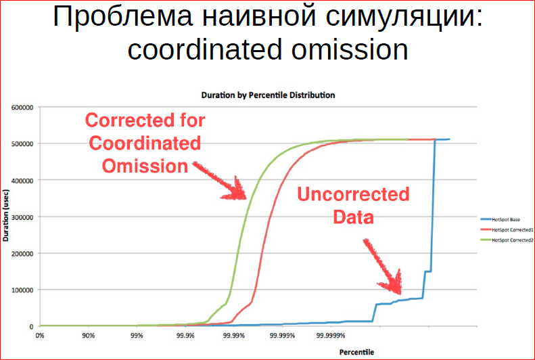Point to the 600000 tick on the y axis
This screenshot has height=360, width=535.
click(22, 107)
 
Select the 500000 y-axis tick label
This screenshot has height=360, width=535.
click(22, 143)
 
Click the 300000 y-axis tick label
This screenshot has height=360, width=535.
click(22, 217)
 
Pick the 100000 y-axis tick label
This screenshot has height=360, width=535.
click(22, 290)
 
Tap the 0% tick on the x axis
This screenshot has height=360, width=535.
click(39, 335)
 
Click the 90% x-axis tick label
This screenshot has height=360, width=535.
click(88, 335)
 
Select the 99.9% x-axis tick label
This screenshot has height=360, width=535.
click(185, 335)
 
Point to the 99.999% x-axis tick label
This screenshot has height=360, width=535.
click(283, 335)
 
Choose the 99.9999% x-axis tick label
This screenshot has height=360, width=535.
click(332, 335)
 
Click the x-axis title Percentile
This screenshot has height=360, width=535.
click(356, 352)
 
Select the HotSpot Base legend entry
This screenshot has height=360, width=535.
click(503, 219)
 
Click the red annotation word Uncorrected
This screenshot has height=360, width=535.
click(353, 196)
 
